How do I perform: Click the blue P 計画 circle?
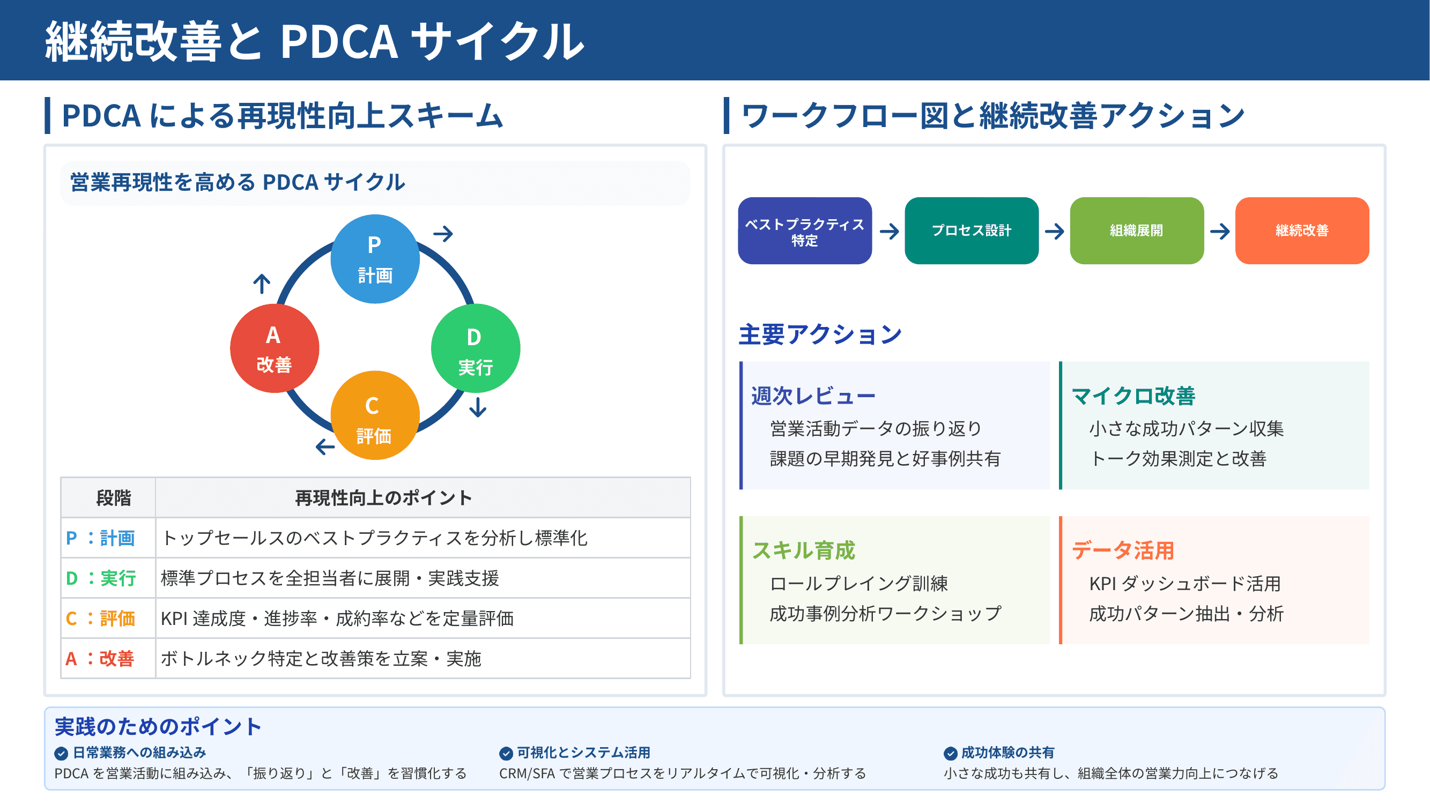coord(375,259)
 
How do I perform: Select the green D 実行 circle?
coord(475,348)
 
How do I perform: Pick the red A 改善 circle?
coord(274,348)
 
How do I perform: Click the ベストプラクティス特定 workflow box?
coord(804,231)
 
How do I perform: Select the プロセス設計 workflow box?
coord(971,231)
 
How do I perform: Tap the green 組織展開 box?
coord(1136,231)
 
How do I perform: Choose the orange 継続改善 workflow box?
coord(1302,231)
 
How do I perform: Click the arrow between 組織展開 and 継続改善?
coord(1220,232)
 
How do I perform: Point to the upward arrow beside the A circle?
coord(262,284)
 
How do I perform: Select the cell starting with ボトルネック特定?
coord(321,659)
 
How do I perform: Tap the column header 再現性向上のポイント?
coord(383,498)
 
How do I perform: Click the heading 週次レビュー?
coord(813,396)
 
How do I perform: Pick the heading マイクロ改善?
coord(1133,396)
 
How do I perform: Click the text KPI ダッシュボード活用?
coord(1184,584)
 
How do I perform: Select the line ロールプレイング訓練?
coord(858,584)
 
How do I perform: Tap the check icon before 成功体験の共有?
coord(950,753)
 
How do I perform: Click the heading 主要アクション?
coord(819,334)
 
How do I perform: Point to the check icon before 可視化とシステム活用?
coord(506,753)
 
